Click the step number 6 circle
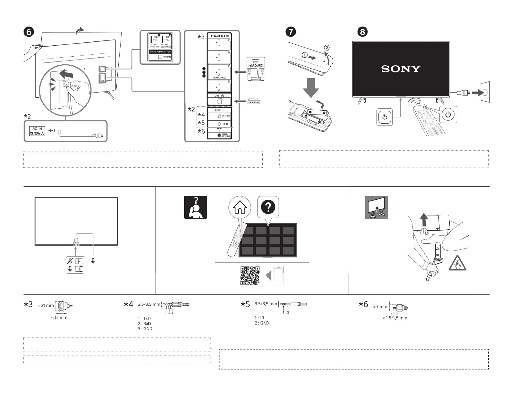pos(28,32)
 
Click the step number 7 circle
pos(291,32)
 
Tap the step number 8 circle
pos(362,32)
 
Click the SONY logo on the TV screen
pos(400,69)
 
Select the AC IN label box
pos(37,131)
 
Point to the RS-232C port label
pos(225,116)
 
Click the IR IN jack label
pos(225,124)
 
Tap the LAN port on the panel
pos(219,100)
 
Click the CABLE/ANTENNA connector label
pos(226,135)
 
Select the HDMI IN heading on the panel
pos(219,36)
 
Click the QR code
pos(250,276)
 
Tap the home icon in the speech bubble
pos(240,207)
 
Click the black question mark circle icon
pos(268,207)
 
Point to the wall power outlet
pos(485,93)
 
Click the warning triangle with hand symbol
pos(457,263)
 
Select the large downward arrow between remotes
pos(311,87)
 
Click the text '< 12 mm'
pos(59,318)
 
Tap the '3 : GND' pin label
pos(145,329)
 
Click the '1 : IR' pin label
pos(259,318)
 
